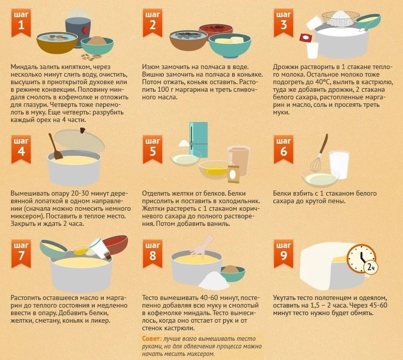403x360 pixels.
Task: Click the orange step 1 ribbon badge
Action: [21, 23]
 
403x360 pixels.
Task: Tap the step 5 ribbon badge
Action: [153, 149]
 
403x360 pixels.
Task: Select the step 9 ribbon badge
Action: [284, 253]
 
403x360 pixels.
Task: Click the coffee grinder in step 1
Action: [78, 29]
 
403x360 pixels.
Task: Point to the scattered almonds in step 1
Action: [91, 57]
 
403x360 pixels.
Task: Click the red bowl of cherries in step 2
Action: [216, 30]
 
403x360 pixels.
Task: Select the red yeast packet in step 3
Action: [306, 38]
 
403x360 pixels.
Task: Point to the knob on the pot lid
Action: [83, 130]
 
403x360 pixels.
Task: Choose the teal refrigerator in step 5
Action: [198, 140]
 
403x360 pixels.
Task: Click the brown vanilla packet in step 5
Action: [233, 174]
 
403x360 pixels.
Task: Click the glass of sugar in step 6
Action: [339, 164]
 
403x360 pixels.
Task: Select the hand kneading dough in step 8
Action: [202, 246]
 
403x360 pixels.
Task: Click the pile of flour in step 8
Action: [214, 280]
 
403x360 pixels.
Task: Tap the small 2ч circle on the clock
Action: [371, 267]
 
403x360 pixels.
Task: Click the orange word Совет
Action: [152, 338]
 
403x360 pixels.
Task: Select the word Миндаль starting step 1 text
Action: [24, 67]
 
